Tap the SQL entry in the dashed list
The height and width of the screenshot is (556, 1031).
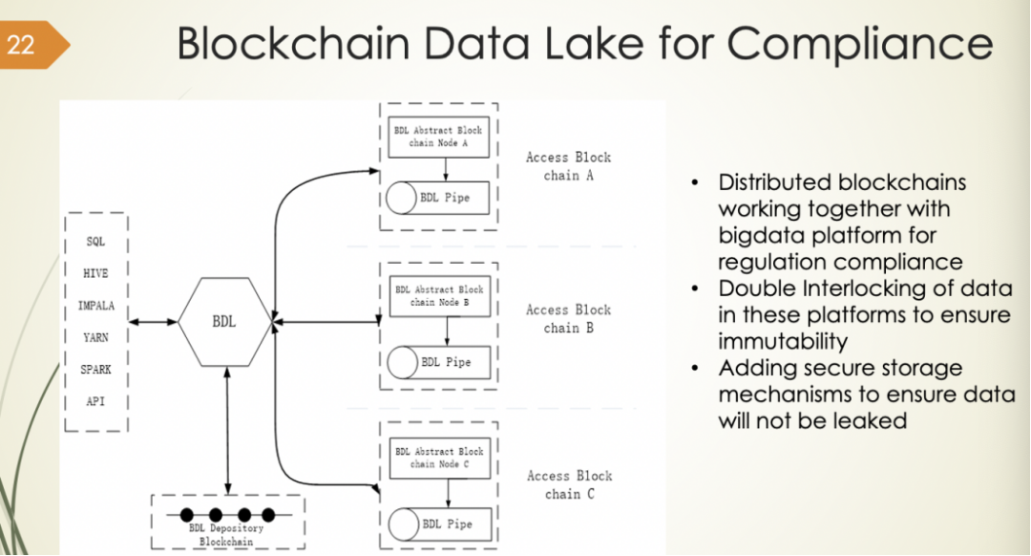click(95, 242)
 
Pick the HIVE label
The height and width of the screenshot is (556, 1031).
click(95, 273)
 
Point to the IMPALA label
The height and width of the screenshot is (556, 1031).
click(95, 306)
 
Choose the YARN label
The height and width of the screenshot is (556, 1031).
click(95, 337)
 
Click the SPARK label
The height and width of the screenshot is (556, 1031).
click(95, 370)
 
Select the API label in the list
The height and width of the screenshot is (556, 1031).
click(95, 401)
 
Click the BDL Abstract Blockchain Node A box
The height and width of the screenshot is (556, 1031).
click(438, 137)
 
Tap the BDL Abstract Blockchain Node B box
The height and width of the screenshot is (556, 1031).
click(439, 295)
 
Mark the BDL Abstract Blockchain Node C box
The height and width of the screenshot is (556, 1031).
click(439, 458)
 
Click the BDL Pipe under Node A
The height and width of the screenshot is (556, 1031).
click(438, 199)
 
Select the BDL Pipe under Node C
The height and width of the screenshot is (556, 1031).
click(438, 524)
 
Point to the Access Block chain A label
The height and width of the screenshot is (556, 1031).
click(568, 166)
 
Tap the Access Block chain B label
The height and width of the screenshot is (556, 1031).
click(568, 319)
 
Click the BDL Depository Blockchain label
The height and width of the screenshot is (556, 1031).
click(224, 534)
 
